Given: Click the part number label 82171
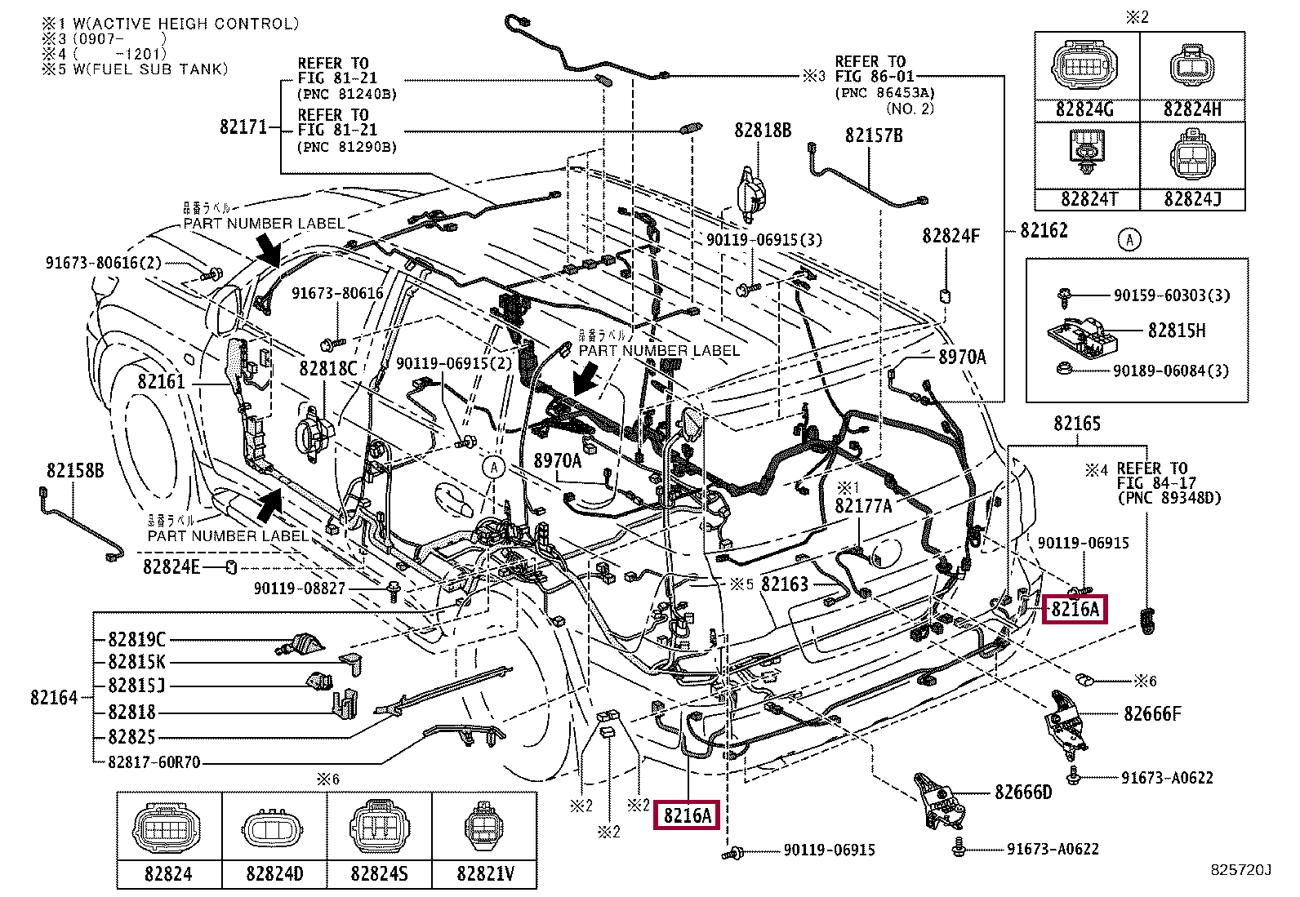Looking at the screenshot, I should [243, 128].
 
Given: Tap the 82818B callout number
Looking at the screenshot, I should [763, 131].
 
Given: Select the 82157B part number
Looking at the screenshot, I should [874, 136].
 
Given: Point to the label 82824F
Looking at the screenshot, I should [951, 236].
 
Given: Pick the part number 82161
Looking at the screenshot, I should [161, 381].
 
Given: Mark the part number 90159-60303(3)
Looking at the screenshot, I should [1171, 295].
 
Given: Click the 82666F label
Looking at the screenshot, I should [1152, 714].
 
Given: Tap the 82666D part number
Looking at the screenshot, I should [1023, 793].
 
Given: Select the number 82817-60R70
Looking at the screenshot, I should [154, 763].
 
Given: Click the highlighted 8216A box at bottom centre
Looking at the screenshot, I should [687, 815].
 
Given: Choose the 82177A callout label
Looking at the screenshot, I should [863, 506].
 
